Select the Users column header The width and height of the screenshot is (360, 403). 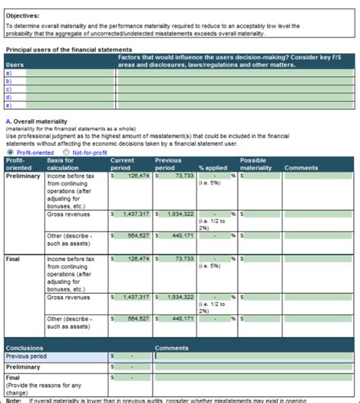tap(14, 65)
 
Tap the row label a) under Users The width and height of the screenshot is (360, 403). tap(8, 73)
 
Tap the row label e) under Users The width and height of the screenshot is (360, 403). tap(8, 105)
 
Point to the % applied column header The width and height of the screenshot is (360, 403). tap(213, 168)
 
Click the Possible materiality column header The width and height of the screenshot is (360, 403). tap(256, 164)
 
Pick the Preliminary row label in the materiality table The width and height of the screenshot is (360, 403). tap(23, 176)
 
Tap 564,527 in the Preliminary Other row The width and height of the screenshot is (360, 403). tap(134, 236)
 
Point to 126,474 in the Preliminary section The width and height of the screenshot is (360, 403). tap(134, 176)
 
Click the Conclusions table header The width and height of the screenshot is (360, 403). tap(25, 348)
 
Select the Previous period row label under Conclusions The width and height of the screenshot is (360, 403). tap(27, 356)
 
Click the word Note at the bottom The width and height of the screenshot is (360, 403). tap(13, 399)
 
